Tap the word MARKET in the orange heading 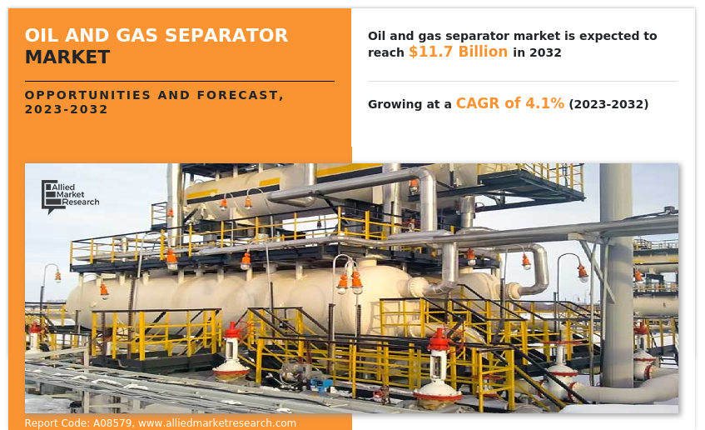point(67,57)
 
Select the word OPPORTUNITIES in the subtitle point(87,95)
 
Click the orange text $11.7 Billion point(458,52)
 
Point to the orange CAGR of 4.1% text point(510,103)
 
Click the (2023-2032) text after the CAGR point(608,104)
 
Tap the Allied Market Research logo point(70,197)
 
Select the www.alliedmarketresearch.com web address point(217,423)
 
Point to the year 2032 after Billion point(545,52)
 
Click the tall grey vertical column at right point(616,275)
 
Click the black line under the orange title point(180,82)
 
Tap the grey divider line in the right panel point(523,82)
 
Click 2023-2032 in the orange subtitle point(66,109)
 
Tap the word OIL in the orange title point(42,36)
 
